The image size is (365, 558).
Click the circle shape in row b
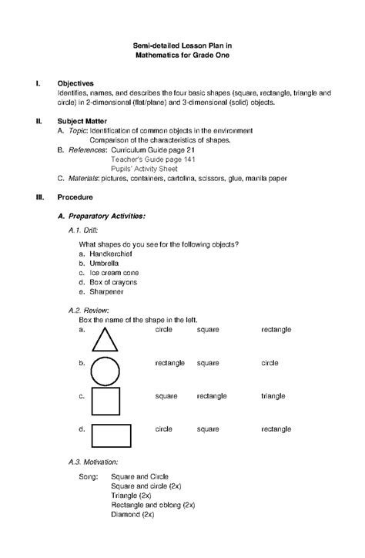(x=105, y=370)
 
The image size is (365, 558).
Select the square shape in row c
(x=105, y=402)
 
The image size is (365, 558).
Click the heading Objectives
(x=75, y=82)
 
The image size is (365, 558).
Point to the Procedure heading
(x=75, y=197)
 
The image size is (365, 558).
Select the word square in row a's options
(x=208, y=329)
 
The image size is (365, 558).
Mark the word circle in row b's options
(x=270, y=362)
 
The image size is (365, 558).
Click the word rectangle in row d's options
(x=276, y=428)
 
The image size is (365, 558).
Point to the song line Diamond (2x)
(x=133, y=513)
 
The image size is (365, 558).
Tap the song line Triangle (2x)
(x=132, y=496)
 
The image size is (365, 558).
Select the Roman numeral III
(x=32, y=197)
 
